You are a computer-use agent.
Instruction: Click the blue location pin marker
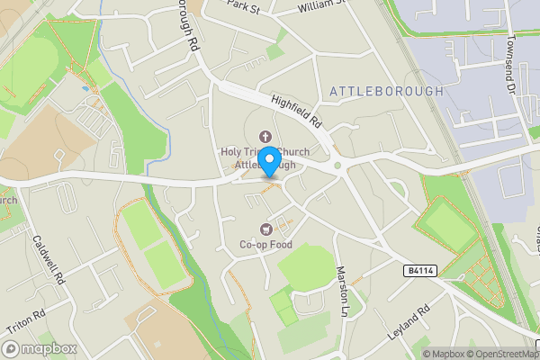click(268, 162)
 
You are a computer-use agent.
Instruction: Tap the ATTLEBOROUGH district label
click(387, 91)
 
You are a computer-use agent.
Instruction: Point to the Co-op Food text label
click(265, 245)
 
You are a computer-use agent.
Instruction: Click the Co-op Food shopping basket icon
click(265, 229)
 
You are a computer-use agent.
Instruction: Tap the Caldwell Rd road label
click(49, 260)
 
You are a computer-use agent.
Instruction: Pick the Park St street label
click(242, 8)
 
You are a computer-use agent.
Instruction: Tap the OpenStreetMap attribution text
click(499, 354)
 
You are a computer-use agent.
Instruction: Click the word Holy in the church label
click(233, 152)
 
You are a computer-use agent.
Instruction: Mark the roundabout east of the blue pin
click(337, 165)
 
